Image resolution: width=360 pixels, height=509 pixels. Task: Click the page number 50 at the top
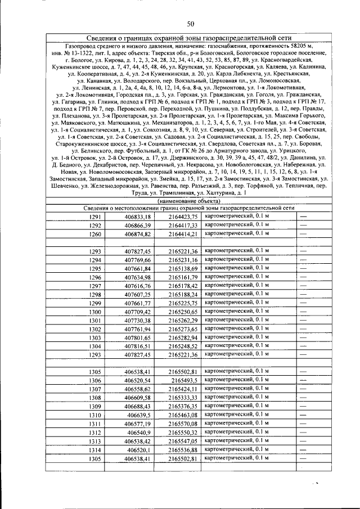(x=190, y=23)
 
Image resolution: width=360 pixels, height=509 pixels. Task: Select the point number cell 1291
(x=95, y=217)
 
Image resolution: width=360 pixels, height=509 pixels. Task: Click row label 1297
(x=95, y=286)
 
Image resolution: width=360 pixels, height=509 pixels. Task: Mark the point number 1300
(x=95, y=312)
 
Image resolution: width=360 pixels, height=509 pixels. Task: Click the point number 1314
(x=95, y=451)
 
